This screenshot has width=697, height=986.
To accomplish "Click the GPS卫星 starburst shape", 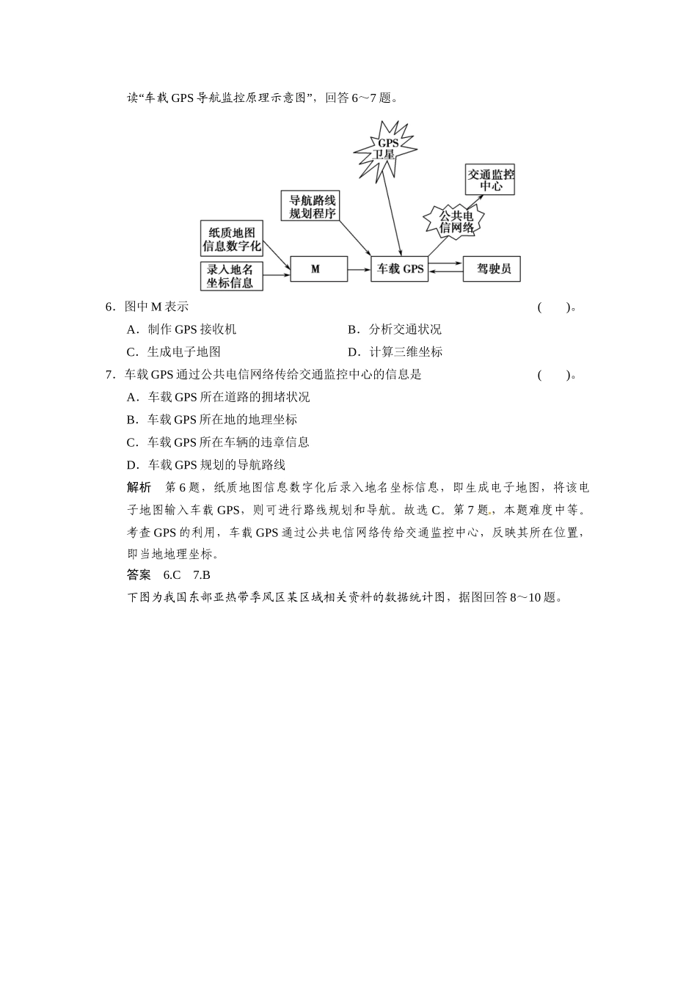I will [x=385, y=149].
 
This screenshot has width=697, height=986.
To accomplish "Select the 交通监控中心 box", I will [x=490, y=180].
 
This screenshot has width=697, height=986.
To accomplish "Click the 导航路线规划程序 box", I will [x=312, y=206].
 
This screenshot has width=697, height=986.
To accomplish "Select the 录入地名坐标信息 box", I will [x=231, y=276].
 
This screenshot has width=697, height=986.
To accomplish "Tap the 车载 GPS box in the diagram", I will [x=400, y=269].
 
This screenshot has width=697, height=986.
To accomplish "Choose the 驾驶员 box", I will [x=492, y=269].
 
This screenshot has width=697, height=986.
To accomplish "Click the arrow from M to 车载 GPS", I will [x=359, y=269].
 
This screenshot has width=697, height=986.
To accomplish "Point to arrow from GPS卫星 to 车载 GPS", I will [x=394, y=213].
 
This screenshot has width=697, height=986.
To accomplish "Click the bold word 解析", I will [x=139, y=487].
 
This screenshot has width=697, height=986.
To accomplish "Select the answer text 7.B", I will [x=202, y=575].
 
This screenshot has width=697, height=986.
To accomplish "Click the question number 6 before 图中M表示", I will [x=109, y=307].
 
